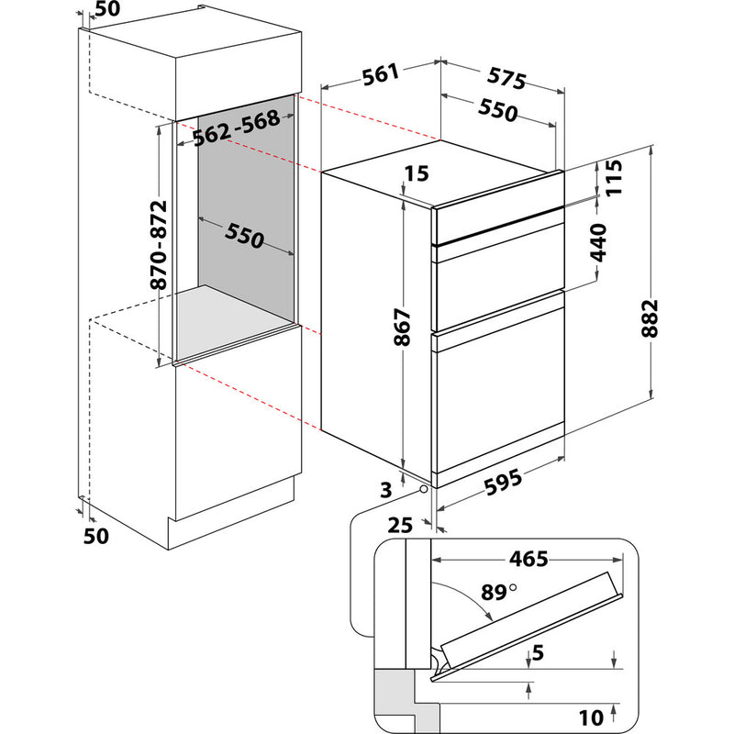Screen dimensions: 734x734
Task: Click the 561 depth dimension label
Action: point(382,74)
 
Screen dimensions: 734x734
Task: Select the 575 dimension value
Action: point(506,78)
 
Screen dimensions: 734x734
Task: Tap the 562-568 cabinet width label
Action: point(237,128)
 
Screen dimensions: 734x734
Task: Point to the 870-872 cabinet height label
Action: point(159,245)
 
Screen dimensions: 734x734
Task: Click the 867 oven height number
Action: point(402,327)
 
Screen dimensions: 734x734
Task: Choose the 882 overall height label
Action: point(650,318)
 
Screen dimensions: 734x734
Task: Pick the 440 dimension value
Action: point(598,242)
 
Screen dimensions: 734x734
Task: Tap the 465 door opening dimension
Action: point(528,559)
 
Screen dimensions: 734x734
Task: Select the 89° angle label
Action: point(498,592)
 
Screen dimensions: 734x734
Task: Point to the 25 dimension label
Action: point(400,525)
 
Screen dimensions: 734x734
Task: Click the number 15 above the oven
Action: point(417,173)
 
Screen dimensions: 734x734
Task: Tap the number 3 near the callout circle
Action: point(385,490)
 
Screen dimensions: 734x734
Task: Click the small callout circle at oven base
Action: point(423,489)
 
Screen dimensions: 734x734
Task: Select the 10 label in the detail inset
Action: point(591,717)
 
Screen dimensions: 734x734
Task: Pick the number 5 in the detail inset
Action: point(538,652)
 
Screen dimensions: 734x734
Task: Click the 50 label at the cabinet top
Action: point(107,8)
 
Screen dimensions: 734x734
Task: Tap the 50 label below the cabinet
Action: point(96,536)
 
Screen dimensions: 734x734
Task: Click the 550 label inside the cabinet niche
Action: point(244,236)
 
